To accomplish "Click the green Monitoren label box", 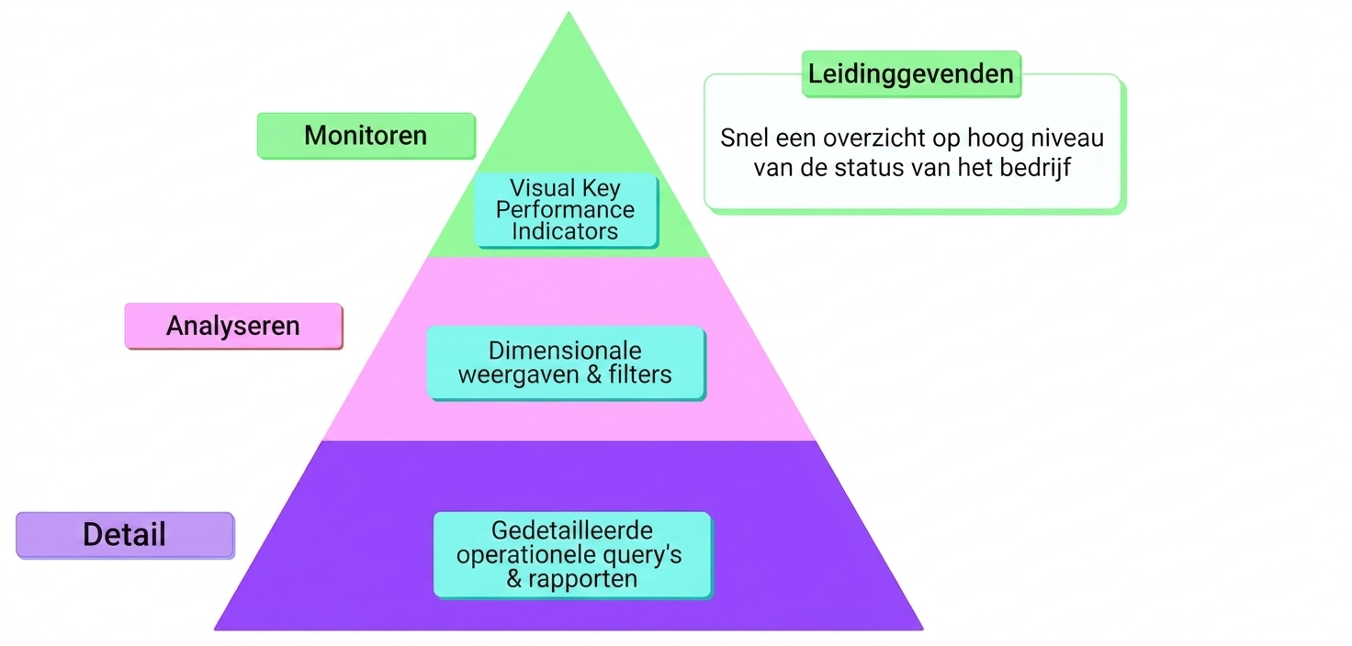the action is click(366, 136).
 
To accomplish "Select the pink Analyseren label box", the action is click(233, 326).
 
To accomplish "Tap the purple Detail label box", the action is click(125, 535).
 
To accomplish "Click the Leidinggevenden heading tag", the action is click(911, 73).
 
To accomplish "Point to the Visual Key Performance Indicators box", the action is click(566, 210).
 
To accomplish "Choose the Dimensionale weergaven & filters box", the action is click(566, 362).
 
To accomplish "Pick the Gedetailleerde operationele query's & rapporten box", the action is click(572, 554).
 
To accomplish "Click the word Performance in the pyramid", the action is click(565, 210).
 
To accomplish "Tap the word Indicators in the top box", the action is click(565, 231).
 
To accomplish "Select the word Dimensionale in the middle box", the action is click(565, 351).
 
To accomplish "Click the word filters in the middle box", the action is click(640, 374).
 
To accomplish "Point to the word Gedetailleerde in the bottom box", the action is click(571, 530).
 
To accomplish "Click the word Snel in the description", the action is click(744, 139).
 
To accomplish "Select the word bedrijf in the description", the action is click(1035, 168).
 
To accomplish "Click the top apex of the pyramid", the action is click(569, 12).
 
